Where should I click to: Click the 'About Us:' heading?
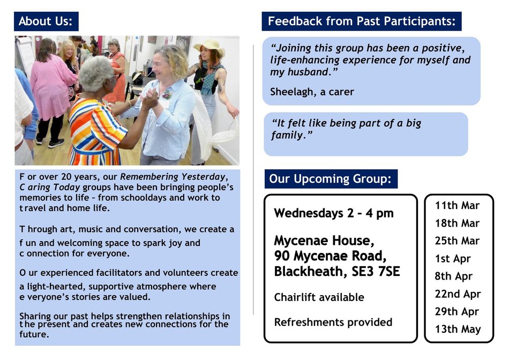point(46,21)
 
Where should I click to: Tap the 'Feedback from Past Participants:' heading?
point(362,21)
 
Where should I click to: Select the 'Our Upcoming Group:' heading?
point(331,179)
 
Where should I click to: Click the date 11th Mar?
point(457,206)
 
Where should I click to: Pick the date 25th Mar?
point(457,241)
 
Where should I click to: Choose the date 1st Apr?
point(453,259)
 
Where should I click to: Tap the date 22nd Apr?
point(458,294)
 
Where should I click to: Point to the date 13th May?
point(458,329)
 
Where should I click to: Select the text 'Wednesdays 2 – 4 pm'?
point(334,213)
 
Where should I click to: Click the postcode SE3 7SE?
point(376,272)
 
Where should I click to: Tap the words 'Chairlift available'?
point(319,297)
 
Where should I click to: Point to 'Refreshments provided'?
point(333,322)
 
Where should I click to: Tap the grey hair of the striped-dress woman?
point(96,73)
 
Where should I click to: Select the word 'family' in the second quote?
point(287,135)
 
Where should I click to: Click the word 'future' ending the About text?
point(33,334)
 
